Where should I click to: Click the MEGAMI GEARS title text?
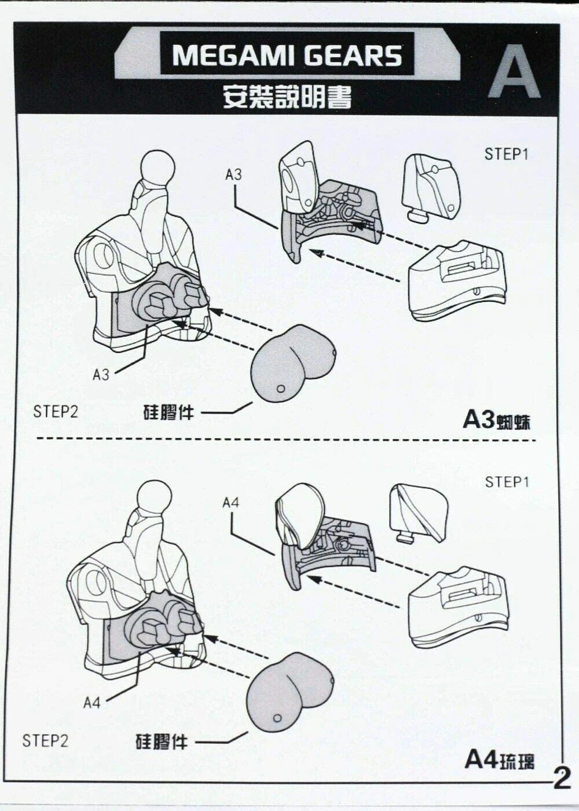pyautogui.click(x=287, y=56)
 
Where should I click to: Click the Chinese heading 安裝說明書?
pyautogui.click(x=287, y=97)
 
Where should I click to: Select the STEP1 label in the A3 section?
pyautogui.click(x=507, y=154)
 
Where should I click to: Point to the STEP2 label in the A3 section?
pyautogui.click(x=56, y=412)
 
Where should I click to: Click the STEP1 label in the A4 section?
pyautogui.click(x=507, y=482)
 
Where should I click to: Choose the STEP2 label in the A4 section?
pyautogui.click(x=45, y=740)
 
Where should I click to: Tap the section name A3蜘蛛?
pyautogui.click(x=496, y=419)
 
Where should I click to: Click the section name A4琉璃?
pyautogui.click(x=499, y=759)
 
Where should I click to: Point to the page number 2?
pyautogui.click(x=561, y=778)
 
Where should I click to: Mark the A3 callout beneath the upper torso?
pyautogui.click(x=101, y=375)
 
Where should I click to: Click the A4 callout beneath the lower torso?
pyautogui.click(x=91, y=703)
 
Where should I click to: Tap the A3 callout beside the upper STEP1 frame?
pyautogui.click(x=233, y=174)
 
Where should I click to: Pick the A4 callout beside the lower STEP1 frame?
pyautogui.click(x=230, y=502)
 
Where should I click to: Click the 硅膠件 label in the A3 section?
pyautogui.click(x=168, y=412)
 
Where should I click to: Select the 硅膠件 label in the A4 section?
pyautogui.click(x=162, y=741)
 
